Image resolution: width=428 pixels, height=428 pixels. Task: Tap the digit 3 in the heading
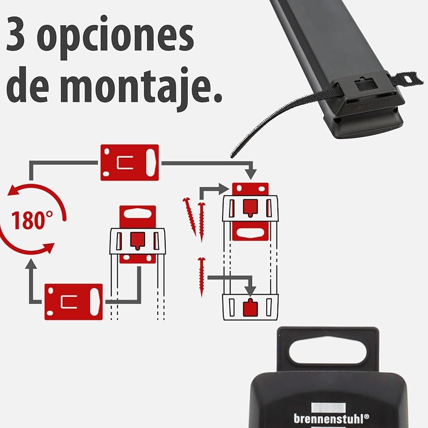click(16, 34)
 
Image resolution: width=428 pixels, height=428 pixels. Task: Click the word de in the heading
click(29, 84)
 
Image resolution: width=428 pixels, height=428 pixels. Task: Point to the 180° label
click(32, 221)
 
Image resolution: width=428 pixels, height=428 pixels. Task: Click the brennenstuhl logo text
click(331, 418)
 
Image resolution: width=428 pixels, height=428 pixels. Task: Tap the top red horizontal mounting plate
click(129, 163)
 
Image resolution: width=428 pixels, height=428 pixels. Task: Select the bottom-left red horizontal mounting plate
click(74, 302)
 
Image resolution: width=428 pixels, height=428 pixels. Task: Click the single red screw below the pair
click(202, 276)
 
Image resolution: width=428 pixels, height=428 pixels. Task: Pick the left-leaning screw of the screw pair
click(189, 217)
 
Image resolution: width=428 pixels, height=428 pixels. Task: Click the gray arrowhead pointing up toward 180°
click(31, 264)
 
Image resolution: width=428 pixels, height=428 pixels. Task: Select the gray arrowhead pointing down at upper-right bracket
click(251, 174)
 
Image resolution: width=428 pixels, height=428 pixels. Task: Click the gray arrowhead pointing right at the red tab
click(224, 189)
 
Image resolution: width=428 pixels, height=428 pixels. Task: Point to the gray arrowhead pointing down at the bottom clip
click(250, 291)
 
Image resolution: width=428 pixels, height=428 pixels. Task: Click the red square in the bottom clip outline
click(250, 308)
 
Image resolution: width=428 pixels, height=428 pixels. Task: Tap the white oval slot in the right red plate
click(250, 233)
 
